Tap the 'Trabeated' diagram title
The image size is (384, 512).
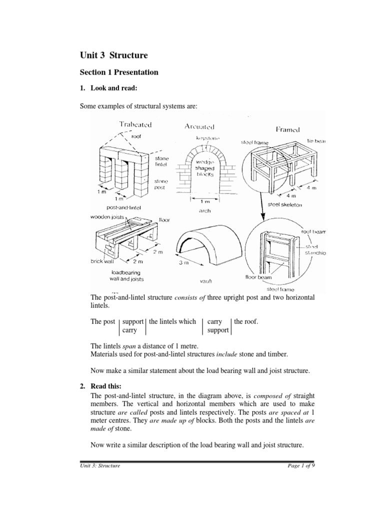tap(135, 124)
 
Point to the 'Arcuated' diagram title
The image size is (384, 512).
tap(200, 127)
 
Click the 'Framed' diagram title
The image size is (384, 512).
tap(288, 129)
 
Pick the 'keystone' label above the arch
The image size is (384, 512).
tap(206, 137)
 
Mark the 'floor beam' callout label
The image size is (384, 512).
tap(258, 275)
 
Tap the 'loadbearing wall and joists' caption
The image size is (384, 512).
tap(125, 275)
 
